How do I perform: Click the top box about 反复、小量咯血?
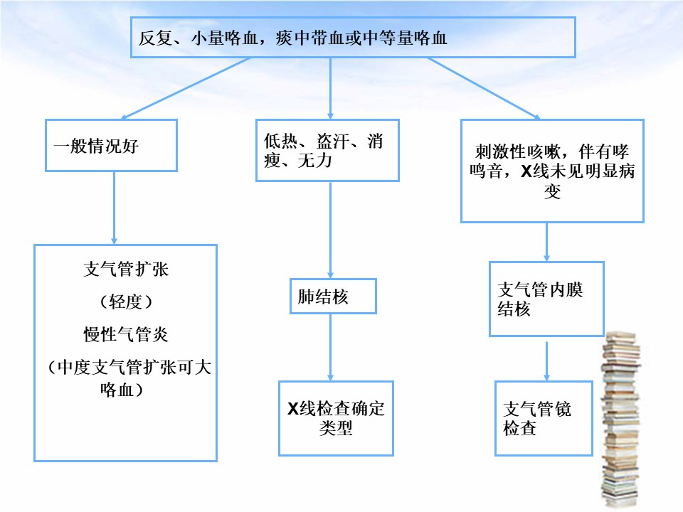(x=353, y=37)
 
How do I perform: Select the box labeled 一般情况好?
(x=111, y=145)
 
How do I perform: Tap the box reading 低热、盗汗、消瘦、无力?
(x=327, y=150)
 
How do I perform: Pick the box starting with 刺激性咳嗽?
(x=552, y=171)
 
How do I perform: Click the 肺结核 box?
(x=333, y=296)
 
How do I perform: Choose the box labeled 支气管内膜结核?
(x=546, y=299)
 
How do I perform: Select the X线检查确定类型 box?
(x=336, y=418)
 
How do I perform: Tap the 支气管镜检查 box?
(x=544, y=418)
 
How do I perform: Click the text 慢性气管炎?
(x=126, y=334)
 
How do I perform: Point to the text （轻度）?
(x=126, y=302)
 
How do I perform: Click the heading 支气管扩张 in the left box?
(x=126, y=269)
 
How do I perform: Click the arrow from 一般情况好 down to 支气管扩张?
(x=114, y=208)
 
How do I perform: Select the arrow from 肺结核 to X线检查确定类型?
(x=331, y=348)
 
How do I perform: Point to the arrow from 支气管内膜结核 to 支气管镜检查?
(x=546, y=361)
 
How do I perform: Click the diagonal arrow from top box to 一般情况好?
(x=185, y=88)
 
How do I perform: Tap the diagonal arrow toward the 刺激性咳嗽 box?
(x=484, y=88)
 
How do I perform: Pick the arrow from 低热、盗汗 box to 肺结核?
(x=331, y=230)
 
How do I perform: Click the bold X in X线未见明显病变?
(x=526, y=171)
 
